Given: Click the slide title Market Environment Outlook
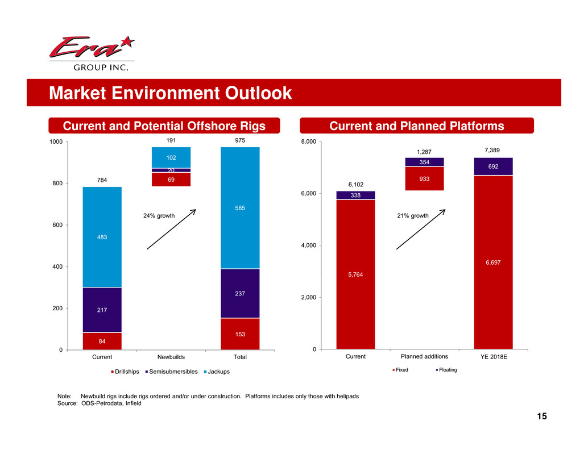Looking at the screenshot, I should [x=170, y=93].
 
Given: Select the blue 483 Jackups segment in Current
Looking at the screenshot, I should [x=102, y=237].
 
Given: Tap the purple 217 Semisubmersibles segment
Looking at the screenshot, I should [x=102, y=310].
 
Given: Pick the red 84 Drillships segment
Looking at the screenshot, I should [x=102, y=341].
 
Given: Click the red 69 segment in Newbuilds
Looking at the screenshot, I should [x=171, y=179].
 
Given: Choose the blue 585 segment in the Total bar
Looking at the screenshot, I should [x=240, y=208].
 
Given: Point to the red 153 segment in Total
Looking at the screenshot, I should [x=240, y=334].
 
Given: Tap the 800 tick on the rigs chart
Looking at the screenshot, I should [x=57, y=184].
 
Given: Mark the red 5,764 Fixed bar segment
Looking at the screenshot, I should [x=355, y=274].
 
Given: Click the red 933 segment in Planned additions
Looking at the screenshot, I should [x=424, y=178].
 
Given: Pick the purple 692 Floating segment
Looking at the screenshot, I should [x=493, y=166].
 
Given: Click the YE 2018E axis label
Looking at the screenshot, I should [x=493, y=357].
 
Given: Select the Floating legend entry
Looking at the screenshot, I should [x=446, y=370].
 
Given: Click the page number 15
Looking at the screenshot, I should [x=541, y=417].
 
